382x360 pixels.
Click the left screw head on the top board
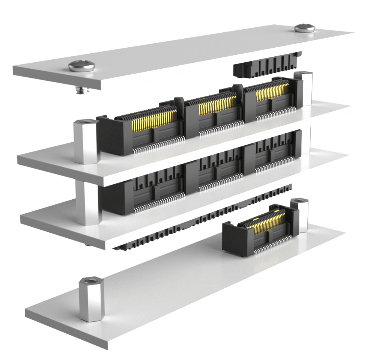81,66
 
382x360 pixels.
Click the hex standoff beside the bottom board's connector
299,216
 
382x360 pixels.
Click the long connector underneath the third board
203,221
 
